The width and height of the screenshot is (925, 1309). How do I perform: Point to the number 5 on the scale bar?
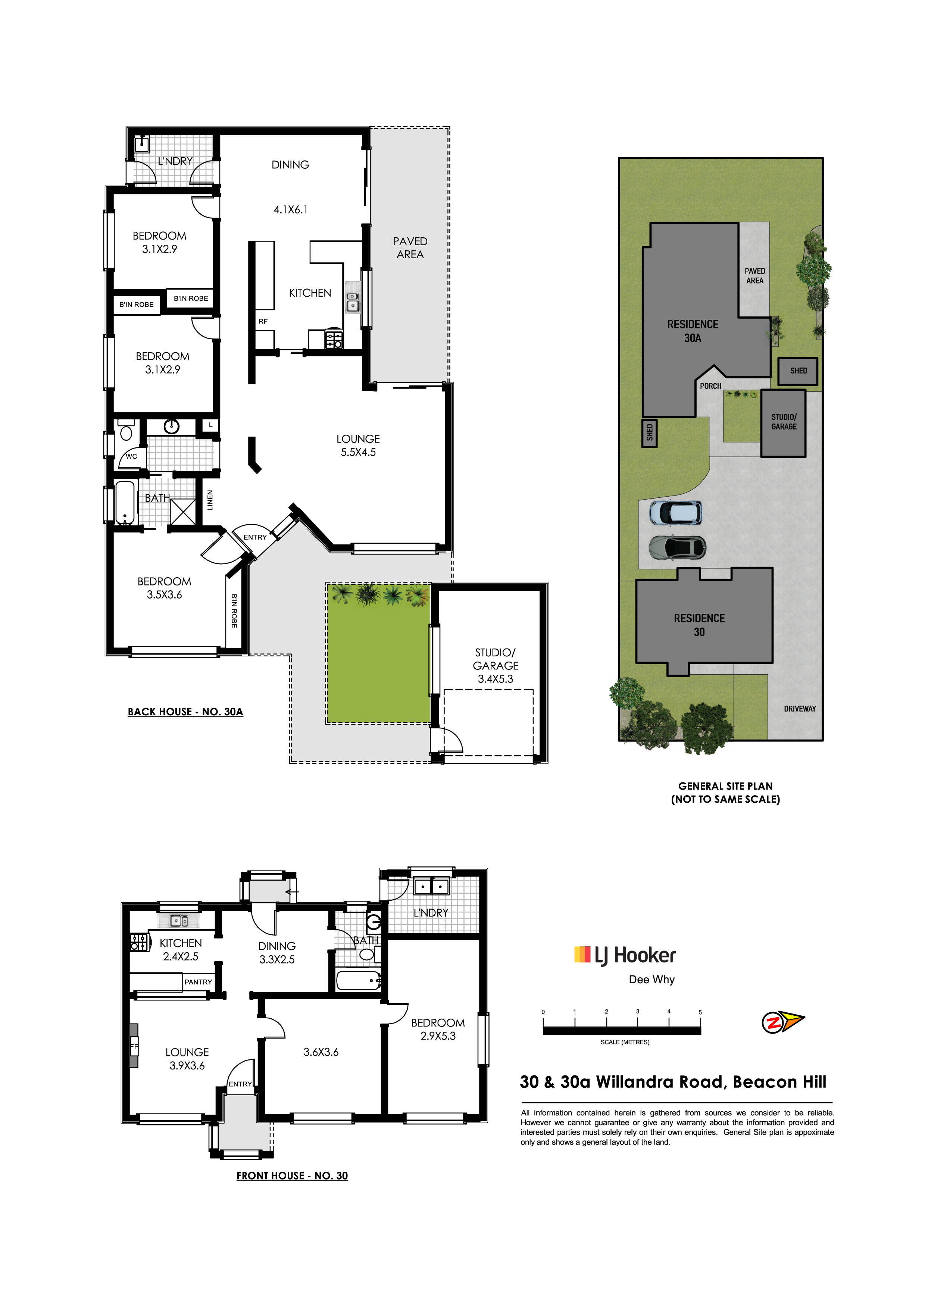pos(700,1012)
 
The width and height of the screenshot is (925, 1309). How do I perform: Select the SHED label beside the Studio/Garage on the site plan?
pos(799,371)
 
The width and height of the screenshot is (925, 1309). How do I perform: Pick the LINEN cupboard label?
pos(210,500)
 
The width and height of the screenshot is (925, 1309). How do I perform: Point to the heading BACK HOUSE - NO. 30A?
pos(185,712)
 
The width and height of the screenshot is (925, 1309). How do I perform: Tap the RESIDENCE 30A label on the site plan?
pos(693,331)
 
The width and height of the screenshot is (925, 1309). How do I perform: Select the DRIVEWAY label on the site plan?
pos(800,709)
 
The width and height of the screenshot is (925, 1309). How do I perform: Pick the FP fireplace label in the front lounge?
pos(134,1047)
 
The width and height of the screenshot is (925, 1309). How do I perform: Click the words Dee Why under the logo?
pos(651,980)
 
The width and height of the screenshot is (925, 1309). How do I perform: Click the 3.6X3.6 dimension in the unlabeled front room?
pos(321,1052)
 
